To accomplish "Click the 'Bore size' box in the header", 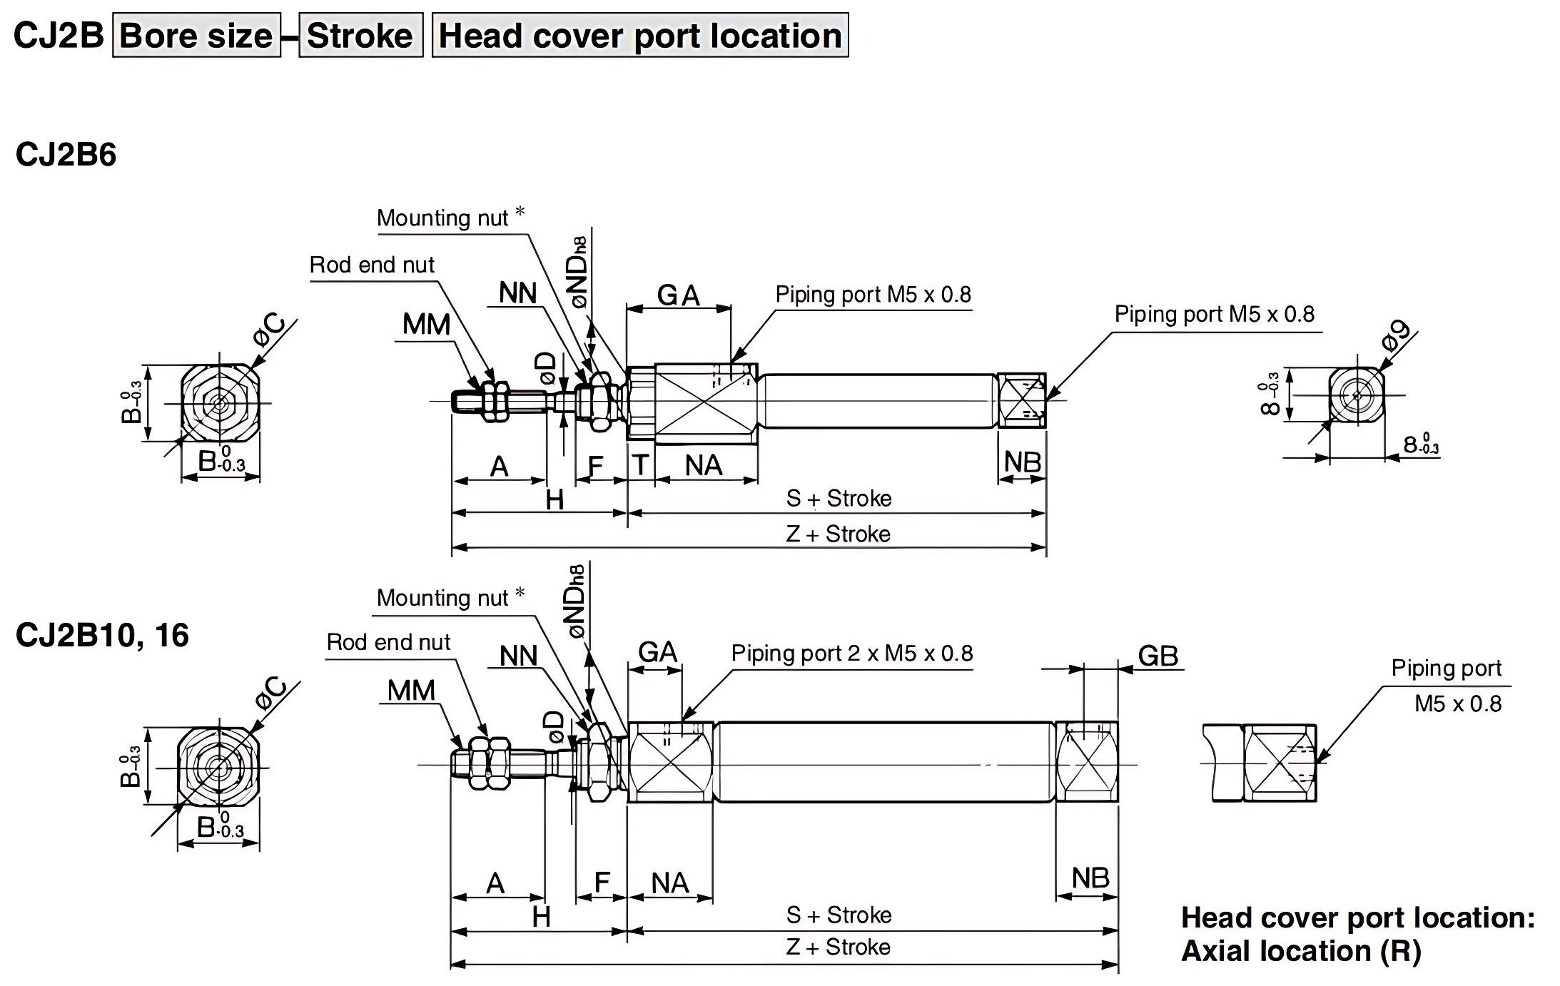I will click(x=196, y=36).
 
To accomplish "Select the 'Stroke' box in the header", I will click(x=360, y=36).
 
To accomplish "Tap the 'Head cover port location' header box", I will click(x=640, y=36).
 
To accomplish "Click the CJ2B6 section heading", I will click(x=66, y=155).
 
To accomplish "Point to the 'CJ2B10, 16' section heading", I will click(x=102, y=635).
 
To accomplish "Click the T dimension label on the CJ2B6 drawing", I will click(x=640, y=465).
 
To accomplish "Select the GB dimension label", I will click(x=1158, y=656).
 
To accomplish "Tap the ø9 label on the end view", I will click(x=1397, y=335).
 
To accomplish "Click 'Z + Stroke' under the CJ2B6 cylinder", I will click(x=838, y=534).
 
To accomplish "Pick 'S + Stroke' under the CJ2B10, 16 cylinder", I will click(x=839, y=915).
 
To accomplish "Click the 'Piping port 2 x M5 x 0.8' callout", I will click(x=851, y=654).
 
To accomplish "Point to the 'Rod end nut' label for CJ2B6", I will click(x=372, y=265).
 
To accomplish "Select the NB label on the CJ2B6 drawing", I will click(x=1022, y=462).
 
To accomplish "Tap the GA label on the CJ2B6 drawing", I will click(x=678, y=295).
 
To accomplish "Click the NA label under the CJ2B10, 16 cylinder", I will click(x=669, y=883).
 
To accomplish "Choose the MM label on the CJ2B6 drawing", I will click(x=426, y=325).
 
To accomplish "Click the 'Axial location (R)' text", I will click(x=1301, y=951).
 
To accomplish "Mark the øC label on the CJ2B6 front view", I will click(x=270, y=331).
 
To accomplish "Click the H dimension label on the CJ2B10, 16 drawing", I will click(x=541, y=917).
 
